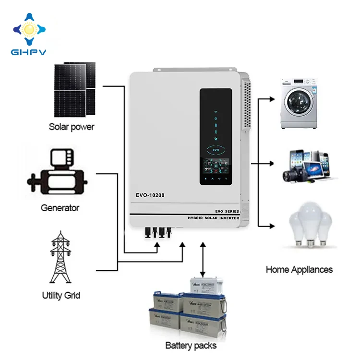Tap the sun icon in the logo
30,30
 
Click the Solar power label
72,127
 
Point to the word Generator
60,208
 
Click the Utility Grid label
60,295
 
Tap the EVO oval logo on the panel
216,150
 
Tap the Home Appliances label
299,269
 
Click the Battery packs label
191,345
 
